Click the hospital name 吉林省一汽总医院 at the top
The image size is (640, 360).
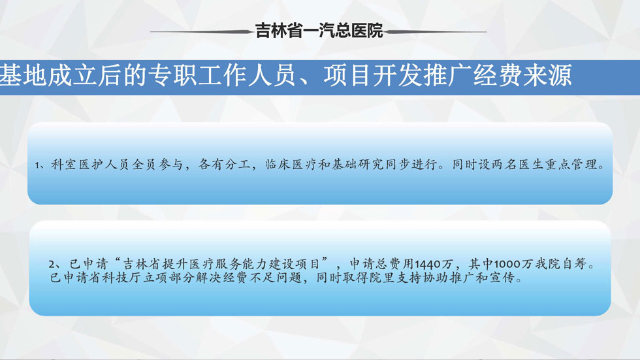[x=319, y=31]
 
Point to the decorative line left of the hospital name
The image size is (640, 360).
[x=202, y=31]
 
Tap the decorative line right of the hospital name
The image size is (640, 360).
[x=436, y=31]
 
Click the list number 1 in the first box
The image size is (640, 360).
[x=37, y=165]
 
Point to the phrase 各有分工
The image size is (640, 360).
[x=224, y=165]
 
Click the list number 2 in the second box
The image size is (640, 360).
[x=52, y=264]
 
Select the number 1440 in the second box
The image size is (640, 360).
[x=427, y=264]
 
